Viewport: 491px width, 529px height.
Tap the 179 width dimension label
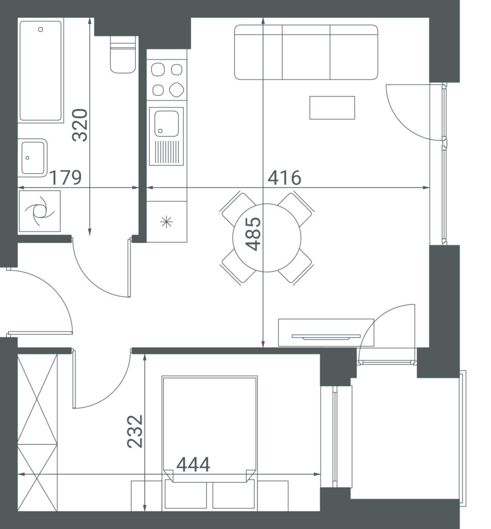pyautogui.click(x=66, y=178)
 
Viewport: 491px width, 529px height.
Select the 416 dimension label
pyautogui.click(x=284, y=178)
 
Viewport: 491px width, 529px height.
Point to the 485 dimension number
pyautogui.click(x=253, y=234)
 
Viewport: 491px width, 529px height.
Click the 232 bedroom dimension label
pyautogui.click(x=135, y=431)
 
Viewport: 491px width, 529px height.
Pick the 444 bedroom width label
pyautogui.click(x=194, y=464)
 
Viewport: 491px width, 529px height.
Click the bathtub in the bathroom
pyautogui.click(x=41, y=70)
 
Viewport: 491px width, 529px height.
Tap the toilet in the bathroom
pyautogui.click(x=123, y=55)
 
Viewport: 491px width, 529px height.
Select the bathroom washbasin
pyautogui.click(x=33, y=158)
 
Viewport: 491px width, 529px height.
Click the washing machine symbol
pyautogui.click(x=39, y=211)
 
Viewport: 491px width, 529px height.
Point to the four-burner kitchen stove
pyautogui.click(x=167, y=80)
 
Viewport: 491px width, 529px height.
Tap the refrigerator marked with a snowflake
pyautogui.click(x=167, y=222)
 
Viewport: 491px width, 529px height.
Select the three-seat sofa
pyautogui.click(x=306, y=52)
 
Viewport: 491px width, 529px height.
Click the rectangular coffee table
pyautogui.click(x=332, y=107)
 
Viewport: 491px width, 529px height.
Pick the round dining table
pyautogui.click(x=267, y=238)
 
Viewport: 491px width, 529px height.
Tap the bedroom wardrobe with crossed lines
pyautogui.click(x=38, y=432)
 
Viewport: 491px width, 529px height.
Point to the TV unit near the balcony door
pyautogui.click(x=326, y=333)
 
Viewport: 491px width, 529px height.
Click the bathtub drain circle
pyautogui.click(x=41, y=29)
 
